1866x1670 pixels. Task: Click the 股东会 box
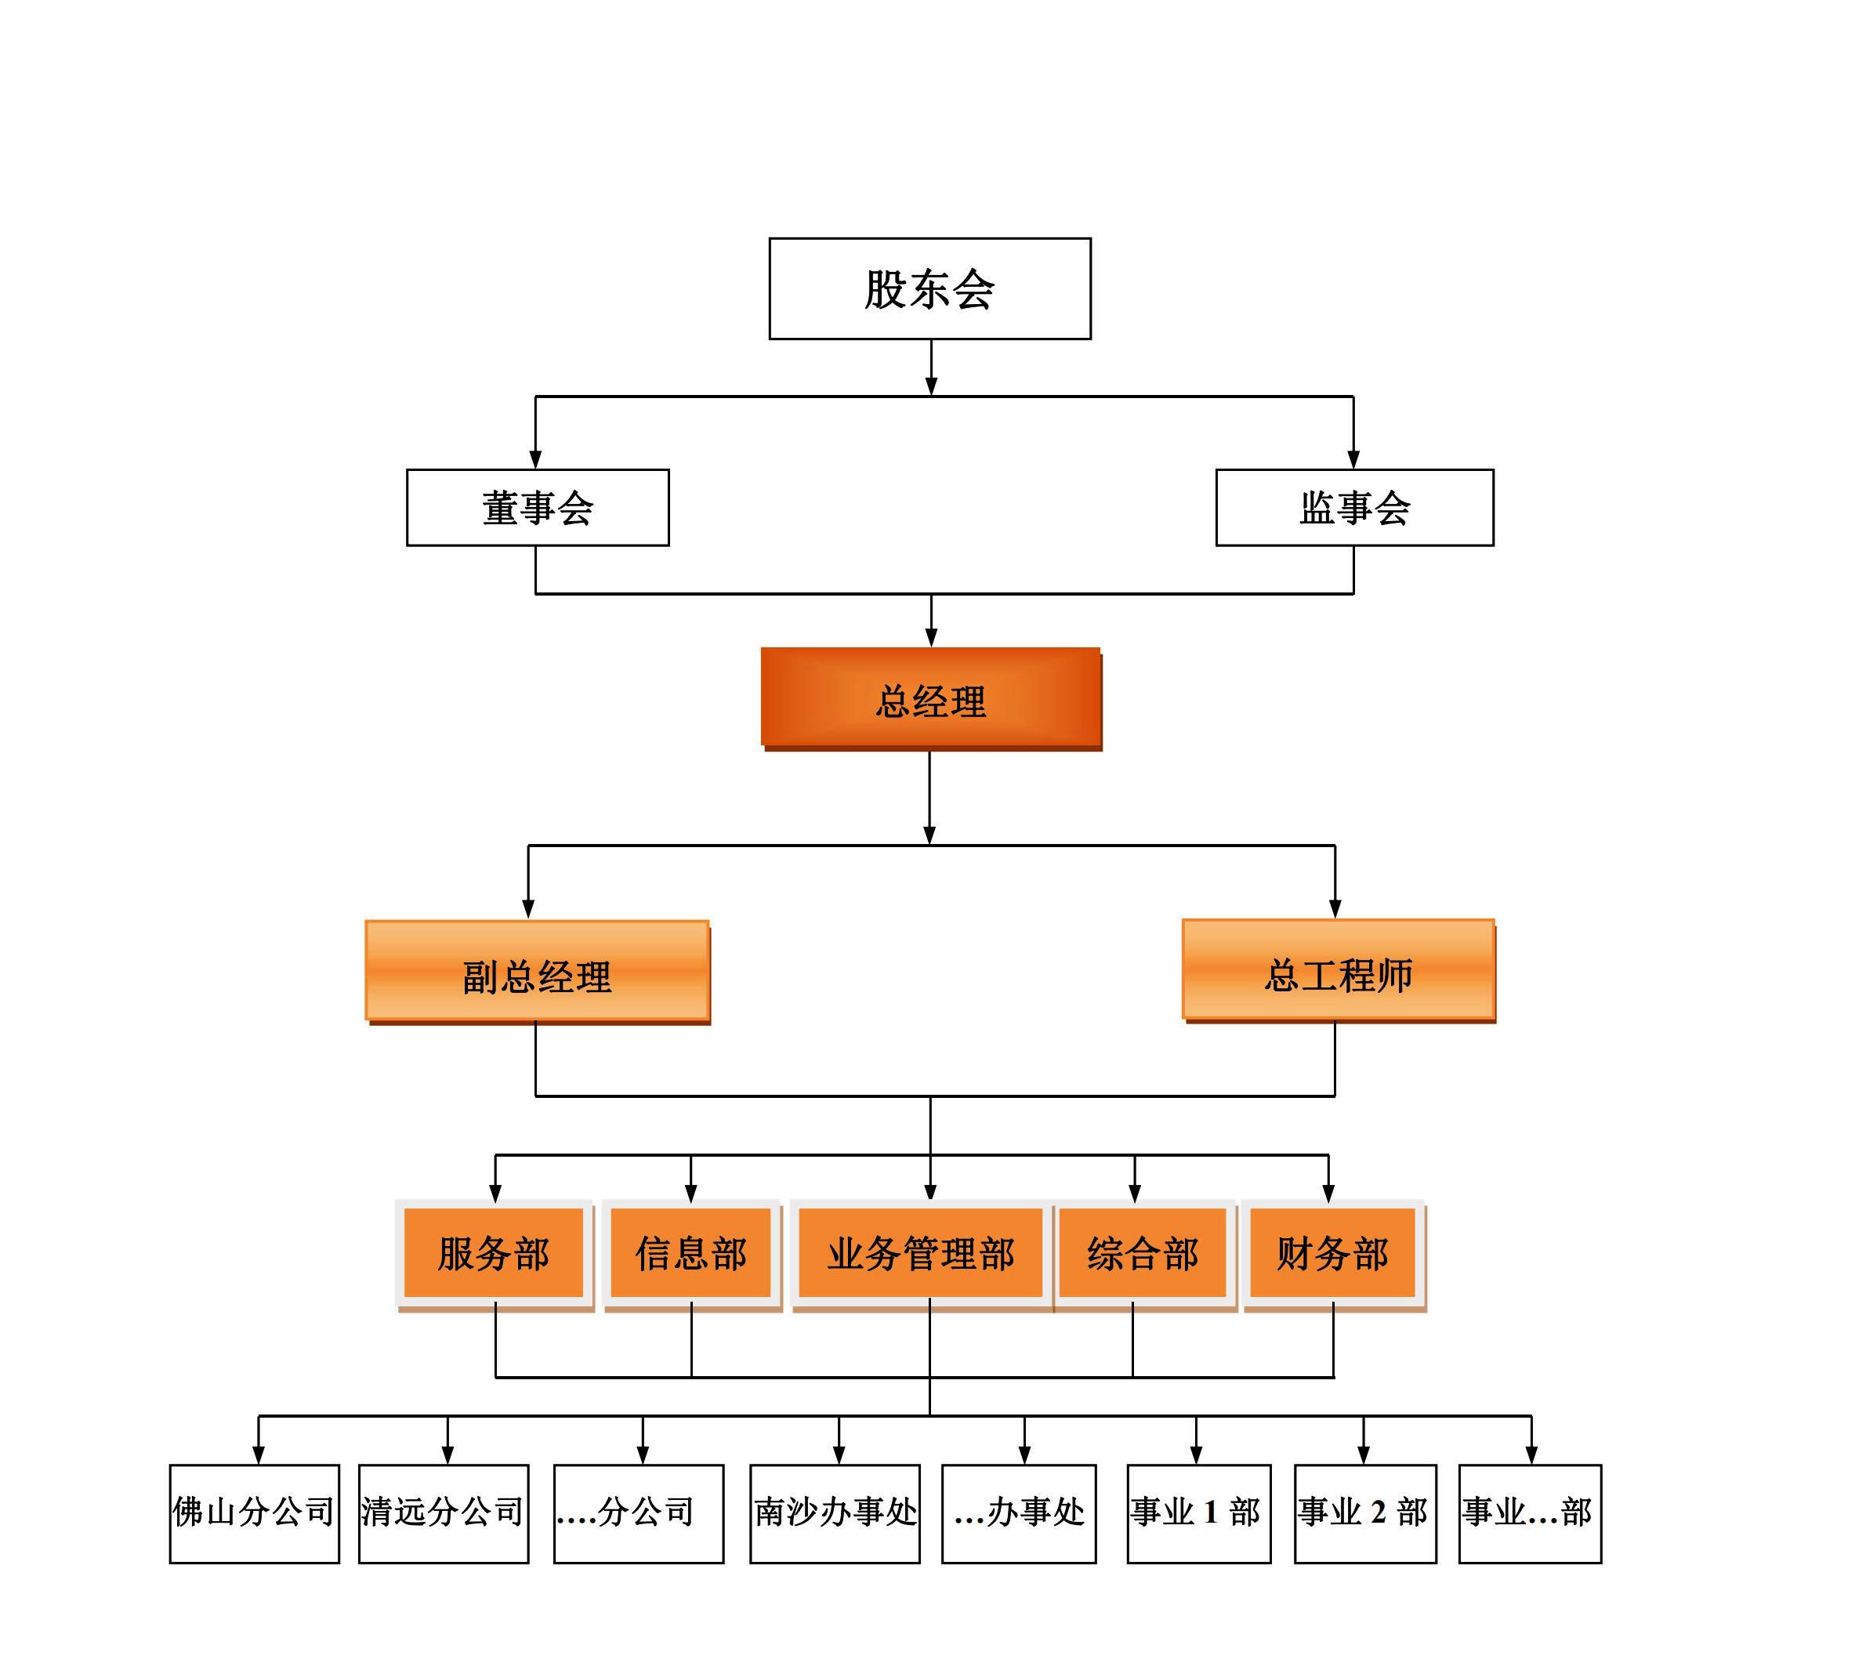click(x=929, y=289)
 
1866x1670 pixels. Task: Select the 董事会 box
click(x=538, y=507)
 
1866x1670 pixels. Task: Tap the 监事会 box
click(x=1354, y=507)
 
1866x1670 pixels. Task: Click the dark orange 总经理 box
click(x=931, y=699)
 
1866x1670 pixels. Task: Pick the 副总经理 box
click(x=538, y=973)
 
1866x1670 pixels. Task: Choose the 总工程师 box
click(x=1339, y=971)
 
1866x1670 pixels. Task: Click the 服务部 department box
click(x=495, y=1255)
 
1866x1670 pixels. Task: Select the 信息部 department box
click(x=692, y=1255)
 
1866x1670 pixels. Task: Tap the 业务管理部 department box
click(x=921, y=1255)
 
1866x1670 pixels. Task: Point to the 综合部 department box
click(x=1143, y=1255)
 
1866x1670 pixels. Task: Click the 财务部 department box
click(x=1333, y=1255)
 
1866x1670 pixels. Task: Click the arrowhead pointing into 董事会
click(x=536, y=458)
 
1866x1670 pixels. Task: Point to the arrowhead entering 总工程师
click(x=1335, y=908)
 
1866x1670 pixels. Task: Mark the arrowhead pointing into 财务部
click(x=1328, y=1193)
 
